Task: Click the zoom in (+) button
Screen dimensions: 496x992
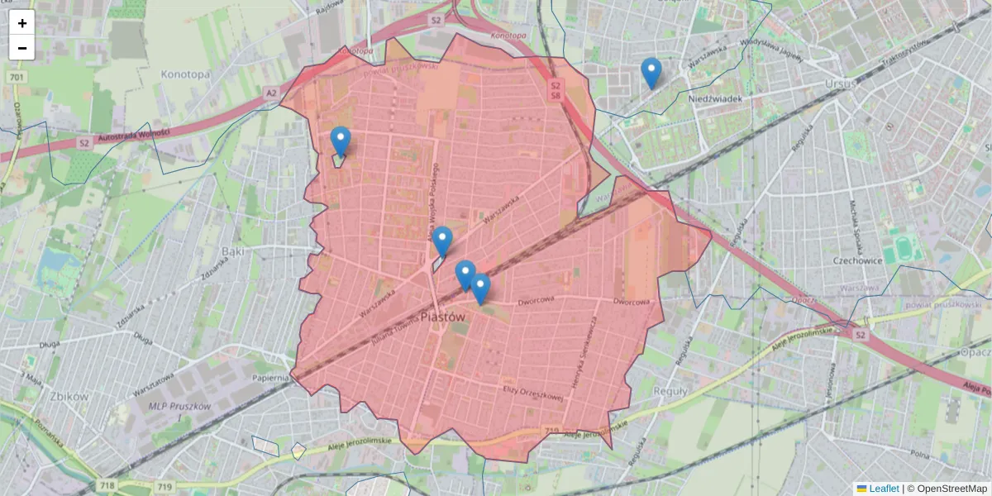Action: click(x=22, y=23)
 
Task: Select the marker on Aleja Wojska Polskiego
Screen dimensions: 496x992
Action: click(x=442, y=241)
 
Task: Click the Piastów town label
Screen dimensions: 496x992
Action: click(x=443, y=316)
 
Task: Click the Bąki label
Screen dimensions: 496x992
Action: click(x=234, y=250)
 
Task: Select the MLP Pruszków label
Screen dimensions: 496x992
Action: click(x=179, y=406)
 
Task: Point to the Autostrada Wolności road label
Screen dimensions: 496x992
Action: click(x=133, y=136)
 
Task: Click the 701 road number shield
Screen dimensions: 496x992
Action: click(x=16, y=78)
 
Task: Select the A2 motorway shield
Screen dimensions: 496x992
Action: click(x=271, y=93)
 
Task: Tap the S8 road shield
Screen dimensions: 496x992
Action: click(x=556, y=96)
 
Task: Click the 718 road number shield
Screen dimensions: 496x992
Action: click(x=105, y=485)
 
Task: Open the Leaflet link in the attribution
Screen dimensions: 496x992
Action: click(x=883, y=489)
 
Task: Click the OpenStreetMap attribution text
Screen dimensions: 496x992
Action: click(x=951, y=489)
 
